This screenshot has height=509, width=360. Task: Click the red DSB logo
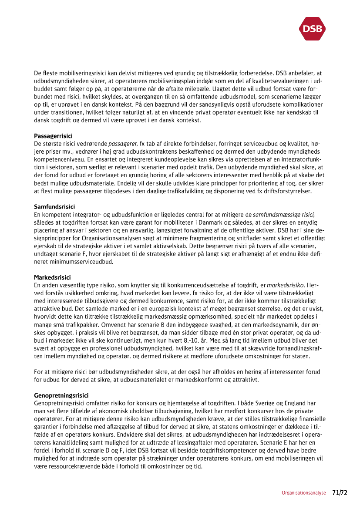pyautogui.click(x=313, y=29)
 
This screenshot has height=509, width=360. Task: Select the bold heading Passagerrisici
pyautogui.click(x=53, y=136)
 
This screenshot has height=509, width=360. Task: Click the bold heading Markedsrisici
pyautogui.click(x=52, y=277)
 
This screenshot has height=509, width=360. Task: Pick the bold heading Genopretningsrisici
pyautogui.click(x=61, y=395)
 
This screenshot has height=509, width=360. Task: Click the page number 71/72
pyautogui.click(x=340, y=493)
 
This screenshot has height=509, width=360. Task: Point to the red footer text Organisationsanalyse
pyautogui.click(x=303, y=493)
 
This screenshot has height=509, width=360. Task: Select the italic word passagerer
pyautogui.click(x=122, y=143)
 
